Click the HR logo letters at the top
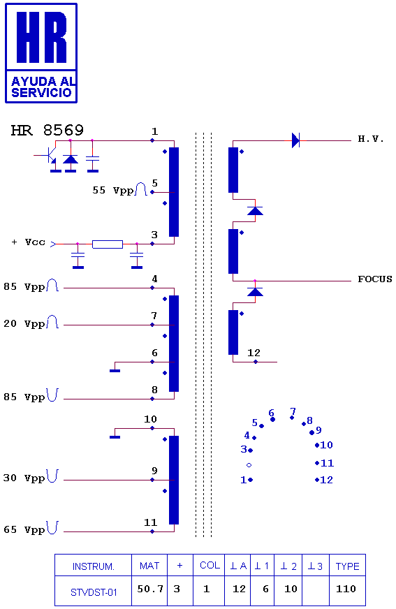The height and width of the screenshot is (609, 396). pyautogui.click(x=41, y=37)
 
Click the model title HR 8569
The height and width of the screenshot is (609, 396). pyautogui.click(x=47, y=130)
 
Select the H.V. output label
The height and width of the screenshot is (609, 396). pyautogui.click(x=371, y=139)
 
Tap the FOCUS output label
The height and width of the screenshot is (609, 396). pyautogui.click(x=374, y=279)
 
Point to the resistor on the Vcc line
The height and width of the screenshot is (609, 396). pyautogui.click(x=108, y=244)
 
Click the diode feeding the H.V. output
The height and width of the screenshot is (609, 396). pyautogui.click(x=295, y=140)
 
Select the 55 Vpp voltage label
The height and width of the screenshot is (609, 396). pyautogui.click(x=112, y=190)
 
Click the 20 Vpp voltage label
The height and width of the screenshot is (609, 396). pyautogui.click(x=24, y=323)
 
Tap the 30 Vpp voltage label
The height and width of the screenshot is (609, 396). pyautogui.click(x=24, y=478)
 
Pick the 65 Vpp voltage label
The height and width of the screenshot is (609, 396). pyautogui.click(x=24, y=529)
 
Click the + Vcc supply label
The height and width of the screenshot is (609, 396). pyautogui.click(x=29, y=242)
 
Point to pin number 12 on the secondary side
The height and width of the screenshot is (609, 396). pyautogui.click(x=254, y=353)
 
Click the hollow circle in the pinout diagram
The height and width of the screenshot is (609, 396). pyautogui.click(x=249, y=465)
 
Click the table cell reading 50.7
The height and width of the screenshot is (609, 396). pyautogui.click(x=150, y=589)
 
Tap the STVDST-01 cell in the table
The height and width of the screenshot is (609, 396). pyautogui.click(x=94, y=592)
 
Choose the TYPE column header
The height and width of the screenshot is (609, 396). pyautogui.click(x=348, y=566)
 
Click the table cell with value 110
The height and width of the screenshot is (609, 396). pyautogui.click(x=346, y=589)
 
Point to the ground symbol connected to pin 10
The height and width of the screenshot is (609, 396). pyautogui.click(x=115, y=437)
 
